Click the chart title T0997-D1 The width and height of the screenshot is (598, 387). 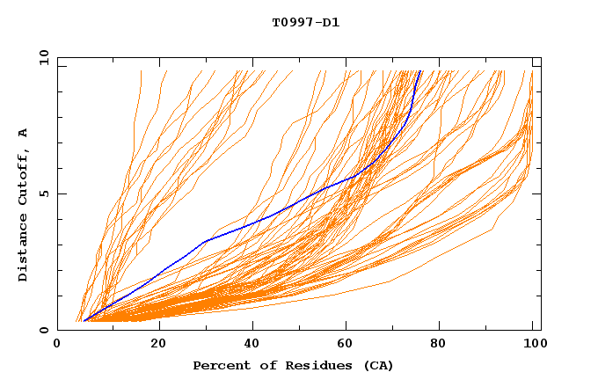coord(305,23)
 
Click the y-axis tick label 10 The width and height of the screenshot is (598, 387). coord(43,57)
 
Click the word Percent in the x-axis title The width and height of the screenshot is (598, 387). coord(220,366)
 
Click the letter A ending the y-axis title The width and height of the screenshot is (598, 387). coord(23,133)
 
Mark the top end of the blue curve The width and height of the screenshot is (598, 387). coord(420,71)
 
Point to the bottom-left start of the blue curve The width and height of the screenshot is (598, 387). coord(84,320)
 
